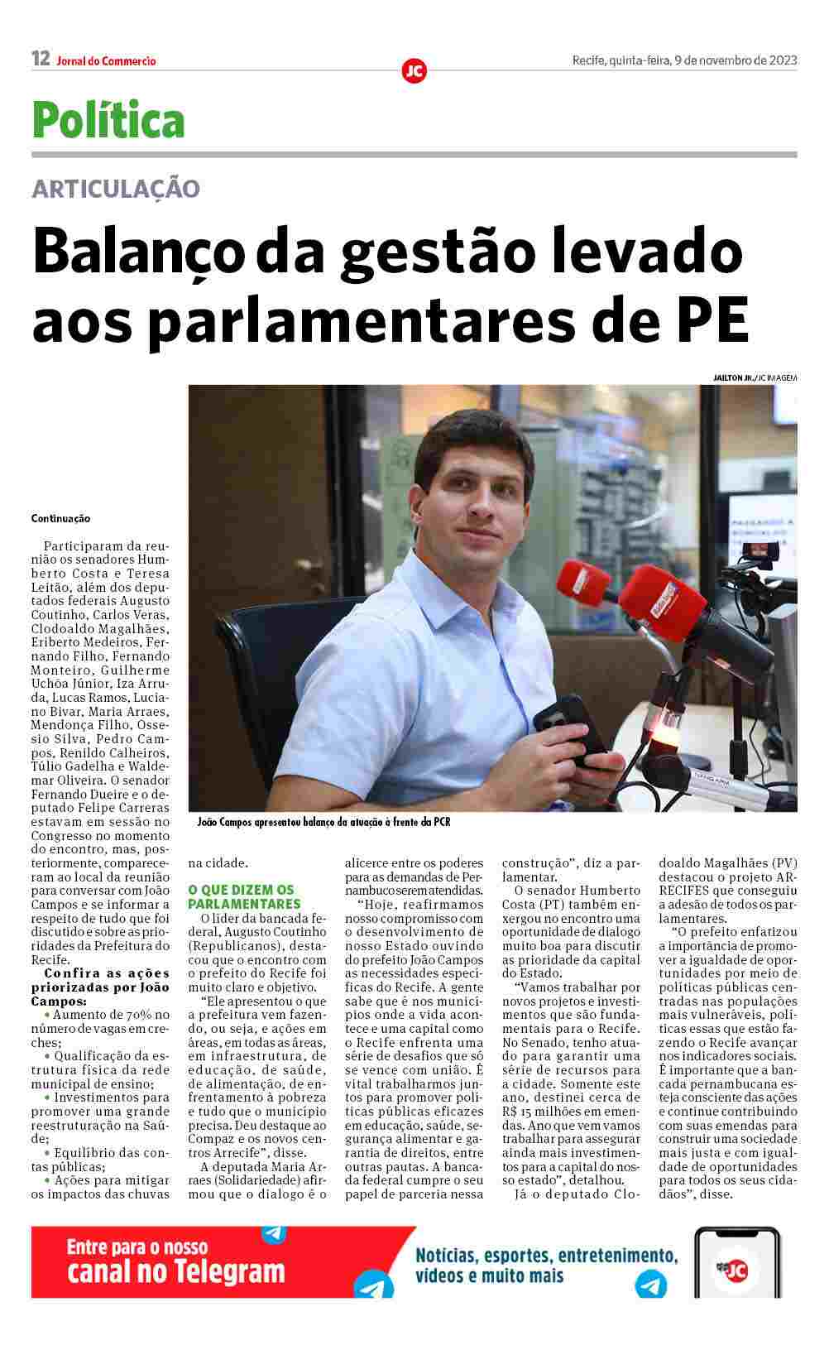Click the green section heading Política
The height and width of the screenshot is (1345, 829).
coord(108,120)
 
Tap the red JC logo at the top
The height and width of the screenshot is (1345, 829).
coord(414,71)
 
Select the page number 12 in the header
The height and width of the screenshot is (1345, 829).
coord(41,59)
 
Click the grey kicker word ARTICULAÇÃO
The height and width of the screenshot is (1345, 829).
coord(116,189)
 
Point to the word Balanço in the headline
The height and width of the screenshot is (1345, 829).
coord(139,252)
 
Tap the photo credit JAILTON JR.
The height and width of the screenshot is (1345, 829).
coord(733,377)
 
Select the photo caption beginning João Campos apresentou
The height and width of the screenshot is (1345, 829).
coord(323,822)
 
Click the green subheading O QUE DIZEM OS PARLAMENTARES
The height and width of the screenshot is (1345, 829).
coord(241,896)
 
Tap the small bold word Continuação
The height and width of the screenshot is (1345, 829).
coord(60,518)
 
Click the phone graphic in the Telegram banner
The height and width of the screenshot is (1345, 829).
coord(736,1261)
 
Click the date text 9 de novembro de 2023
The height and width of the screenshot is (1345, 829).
coord(736,60)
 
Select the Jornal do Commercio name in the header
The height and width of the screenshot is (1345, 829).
coord(107,60)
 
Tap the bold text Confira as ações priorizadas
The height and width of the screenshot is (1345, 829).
coord(100,980)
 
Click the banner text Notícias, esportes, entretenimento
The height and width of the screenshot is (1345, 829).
coord(546,1255)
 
